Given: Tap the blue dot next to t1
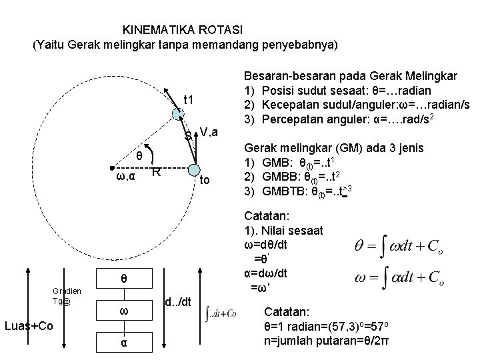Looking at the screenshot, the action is [177, 113].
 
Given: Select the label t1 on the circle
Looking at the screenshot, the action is [189, 100].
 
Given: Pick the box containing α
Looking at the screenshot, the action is [125, 342].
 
